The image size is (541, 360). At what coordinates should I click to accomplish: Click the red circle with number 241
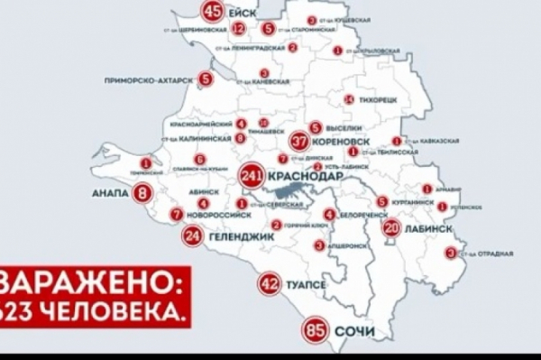pyautogui.click(x=252, y=178)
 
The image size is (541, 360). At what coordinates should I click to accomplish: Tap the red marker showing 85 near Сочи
pyautogui.click(x=316, y=330)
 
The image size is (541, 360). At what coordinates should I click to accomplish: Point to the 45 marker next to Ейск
pyautogui.click(x=214, y=12)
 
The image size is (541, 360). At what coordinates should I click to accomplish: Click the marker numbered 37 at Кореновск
pyautogui.click(x=301, y=142)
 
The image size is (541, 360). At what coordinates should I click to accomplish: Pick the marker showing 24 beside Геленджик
pyautogui.click(x=191, y=236)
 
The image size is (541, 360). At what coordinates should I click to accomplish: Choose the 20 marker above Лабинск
pyautogui.click(x=390, y=228)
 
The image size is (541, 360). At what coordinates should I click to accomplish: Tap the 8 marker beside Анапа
pyautogui.click(x=142, y=191)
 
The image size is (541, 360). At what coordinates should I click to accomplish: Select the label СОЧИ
pyautogui.click(x=354, y=332)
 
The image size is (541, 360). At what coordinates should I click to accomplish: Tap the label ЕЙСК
pyautogui.click(x=245, y=13)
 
